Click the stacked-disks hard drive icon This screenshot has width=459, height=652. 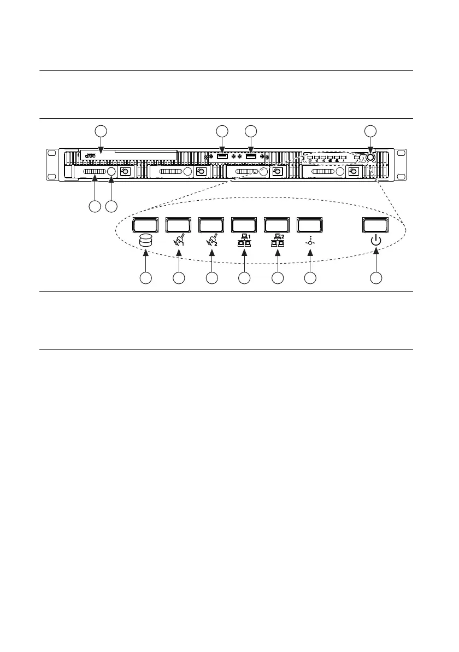point(145,241)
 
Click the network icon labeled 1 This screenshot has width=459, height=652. point(244,241)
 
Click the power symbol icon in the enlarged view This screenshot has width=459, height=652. point(376,241)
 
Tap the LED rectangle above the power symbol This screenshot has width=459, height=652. point(376,225)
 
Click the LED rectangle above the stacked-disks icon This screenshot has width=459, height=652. point(146,225)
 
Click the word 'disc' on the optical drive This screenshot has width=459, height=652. point(91,155)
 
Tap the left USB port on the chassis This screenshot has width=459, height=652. point(222,158)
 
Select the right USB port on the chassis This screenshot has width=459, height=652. point(251,158)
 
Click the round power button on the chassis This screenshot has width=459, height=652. point(370,157)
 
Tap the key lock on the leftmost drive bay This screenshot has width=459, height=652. point(125,172)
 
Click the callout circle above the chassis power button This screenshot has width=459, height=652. point(370,131)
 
